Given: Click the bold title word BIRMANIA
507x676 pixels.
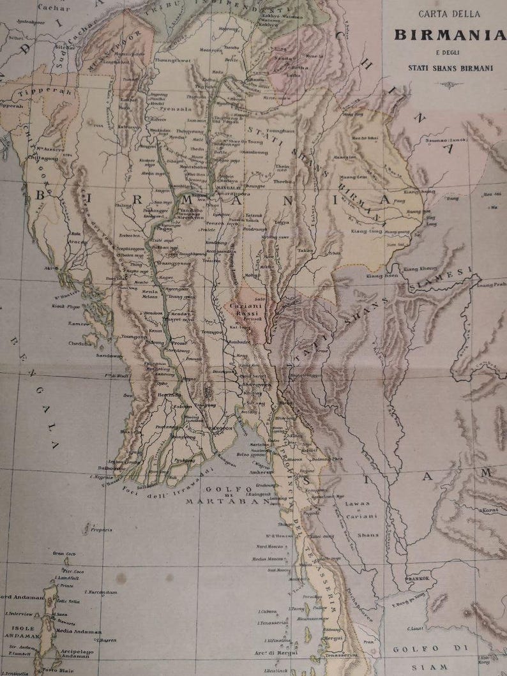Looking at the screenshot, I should pos(450,34).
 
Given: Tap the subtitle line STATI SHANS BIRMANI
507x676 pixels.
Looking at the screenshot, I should pos(450,66).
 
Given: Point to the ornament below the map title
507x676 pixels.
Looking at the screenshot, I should pos(450,83).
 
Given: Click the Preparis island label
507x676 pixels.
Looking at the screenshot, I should pos(100,529).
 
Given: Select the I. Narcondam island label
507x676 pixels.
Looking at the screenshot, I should pos(101,592).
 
